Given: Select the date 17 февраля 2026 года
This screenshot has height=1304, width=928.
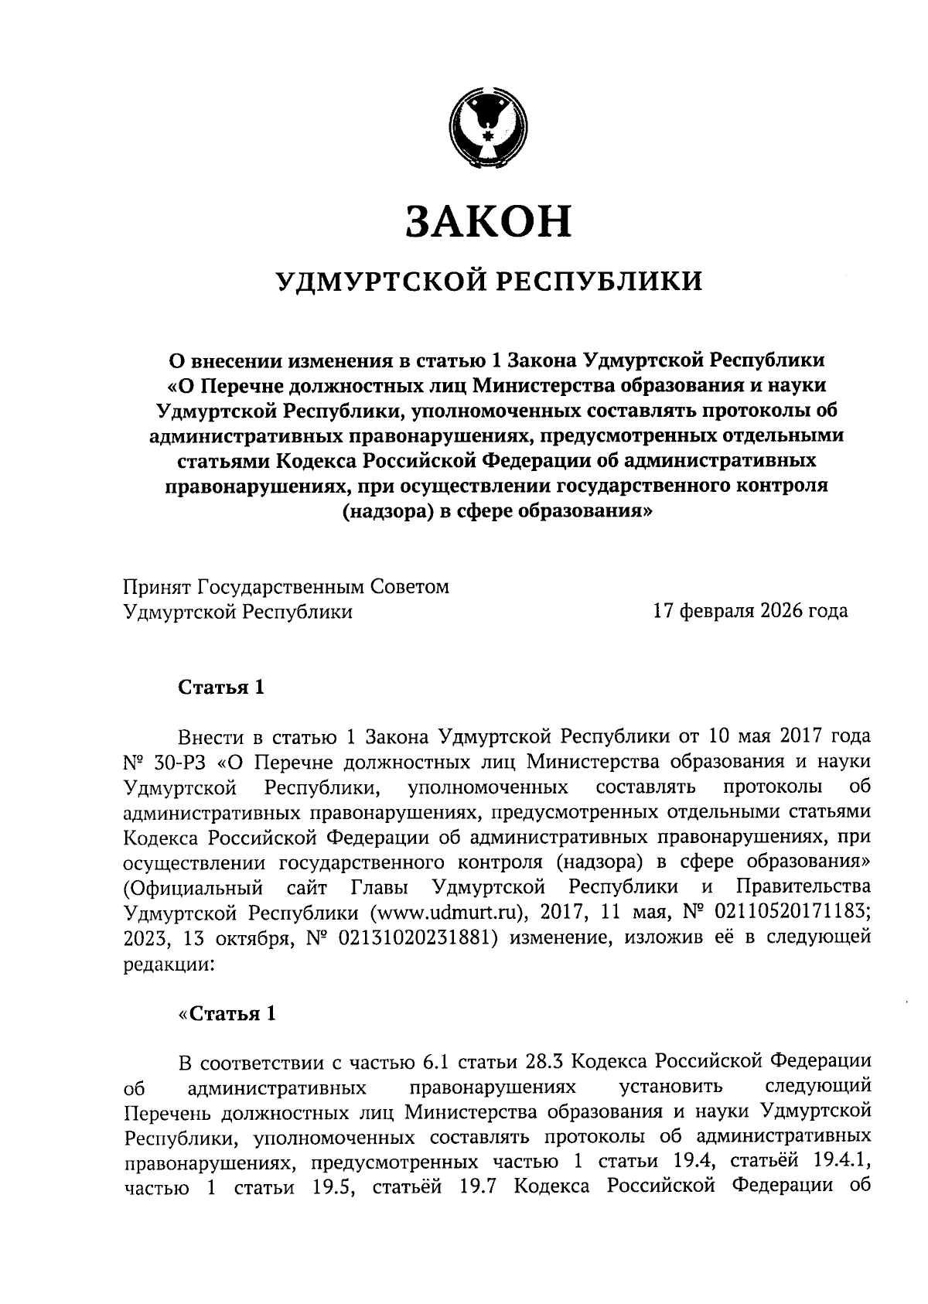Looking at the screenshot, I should [750, 612].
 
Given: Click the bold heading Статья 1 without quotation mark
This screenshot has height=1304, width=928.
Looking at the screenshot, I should [221, 688].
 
